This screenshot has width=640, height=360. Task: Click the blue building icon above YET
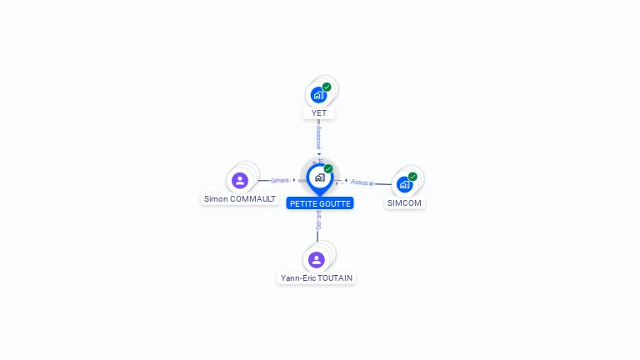click(x=318, y=95)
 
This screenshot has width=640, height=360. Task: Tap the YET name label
click(x=318, y=113)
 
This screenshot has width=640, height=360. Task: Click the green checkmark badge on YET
click(x=327, y=87)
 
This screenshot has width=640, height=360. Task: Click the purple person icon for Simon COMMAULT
click(x=240, y=180)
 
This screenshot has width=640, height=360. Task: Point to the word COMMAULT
click(x=252, y=199)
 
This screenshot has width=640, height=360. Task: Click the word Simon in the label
click(x=216, y=199)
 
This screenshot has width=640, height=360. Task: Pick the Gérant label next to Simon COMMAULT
click(x=280, y=180)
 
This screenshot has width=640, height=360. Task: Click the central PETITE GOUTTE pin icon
click(x=319, y=177)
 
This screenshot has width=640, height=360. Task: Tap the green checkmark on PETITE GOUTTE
click(x=328, y=169)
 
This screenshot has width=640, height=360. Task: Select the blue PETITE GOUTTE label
click(x=320, y=203)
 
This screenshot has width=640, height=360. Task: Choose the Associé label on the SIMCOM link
click(x=362, y=182)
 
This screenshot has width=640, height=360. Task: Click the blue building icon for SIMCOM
click(x=405, y=184)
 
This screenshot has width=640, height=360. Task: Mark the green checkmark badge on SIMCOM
click(x=412, y=177)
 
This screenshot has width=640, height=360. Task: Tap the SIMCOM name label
click(x=405, y=203)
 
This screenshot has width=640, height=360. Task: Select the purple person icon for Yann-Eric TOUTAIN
click(x=317, y=259)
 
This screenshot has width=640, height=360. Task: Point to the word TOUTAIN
click(x=336, y=278)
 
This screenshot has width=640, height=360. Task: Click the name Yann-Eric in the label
click(x=299, y=278)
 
